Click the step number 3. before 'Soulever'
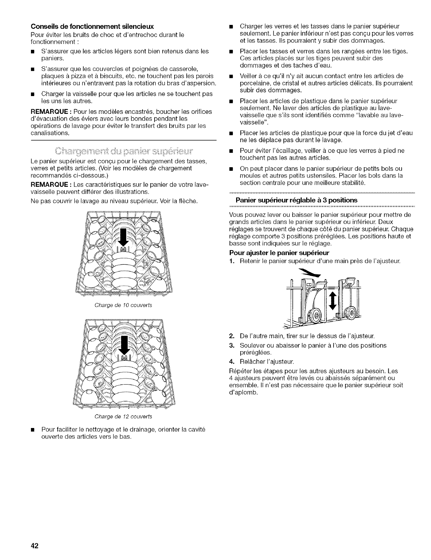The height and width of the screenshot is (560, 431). (232, 345)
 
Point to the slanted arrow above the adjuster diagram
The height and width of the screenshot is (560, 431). (311, 273)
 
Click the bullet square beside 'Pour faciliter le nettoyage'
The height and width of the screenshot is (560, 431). (33, 428)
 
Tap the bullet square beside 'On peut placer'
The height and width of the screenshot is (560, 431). (231, 169)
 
